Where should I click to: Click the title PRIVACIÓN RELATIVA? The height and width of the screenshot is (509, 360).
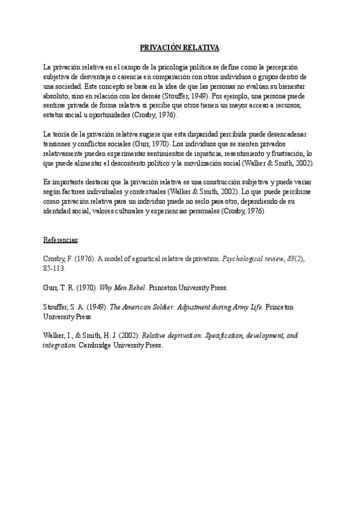(179, 47)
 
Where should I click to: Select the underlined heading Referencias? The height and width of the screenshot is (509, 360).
(61, 239)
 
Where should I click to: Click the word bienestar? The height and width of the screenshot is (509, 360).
(294, 86)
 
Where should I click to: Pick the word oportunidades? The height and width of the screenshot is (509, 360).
(122, 115)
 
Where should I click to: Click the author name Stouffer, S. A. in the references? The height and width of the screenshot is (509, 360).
(62, 307)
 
